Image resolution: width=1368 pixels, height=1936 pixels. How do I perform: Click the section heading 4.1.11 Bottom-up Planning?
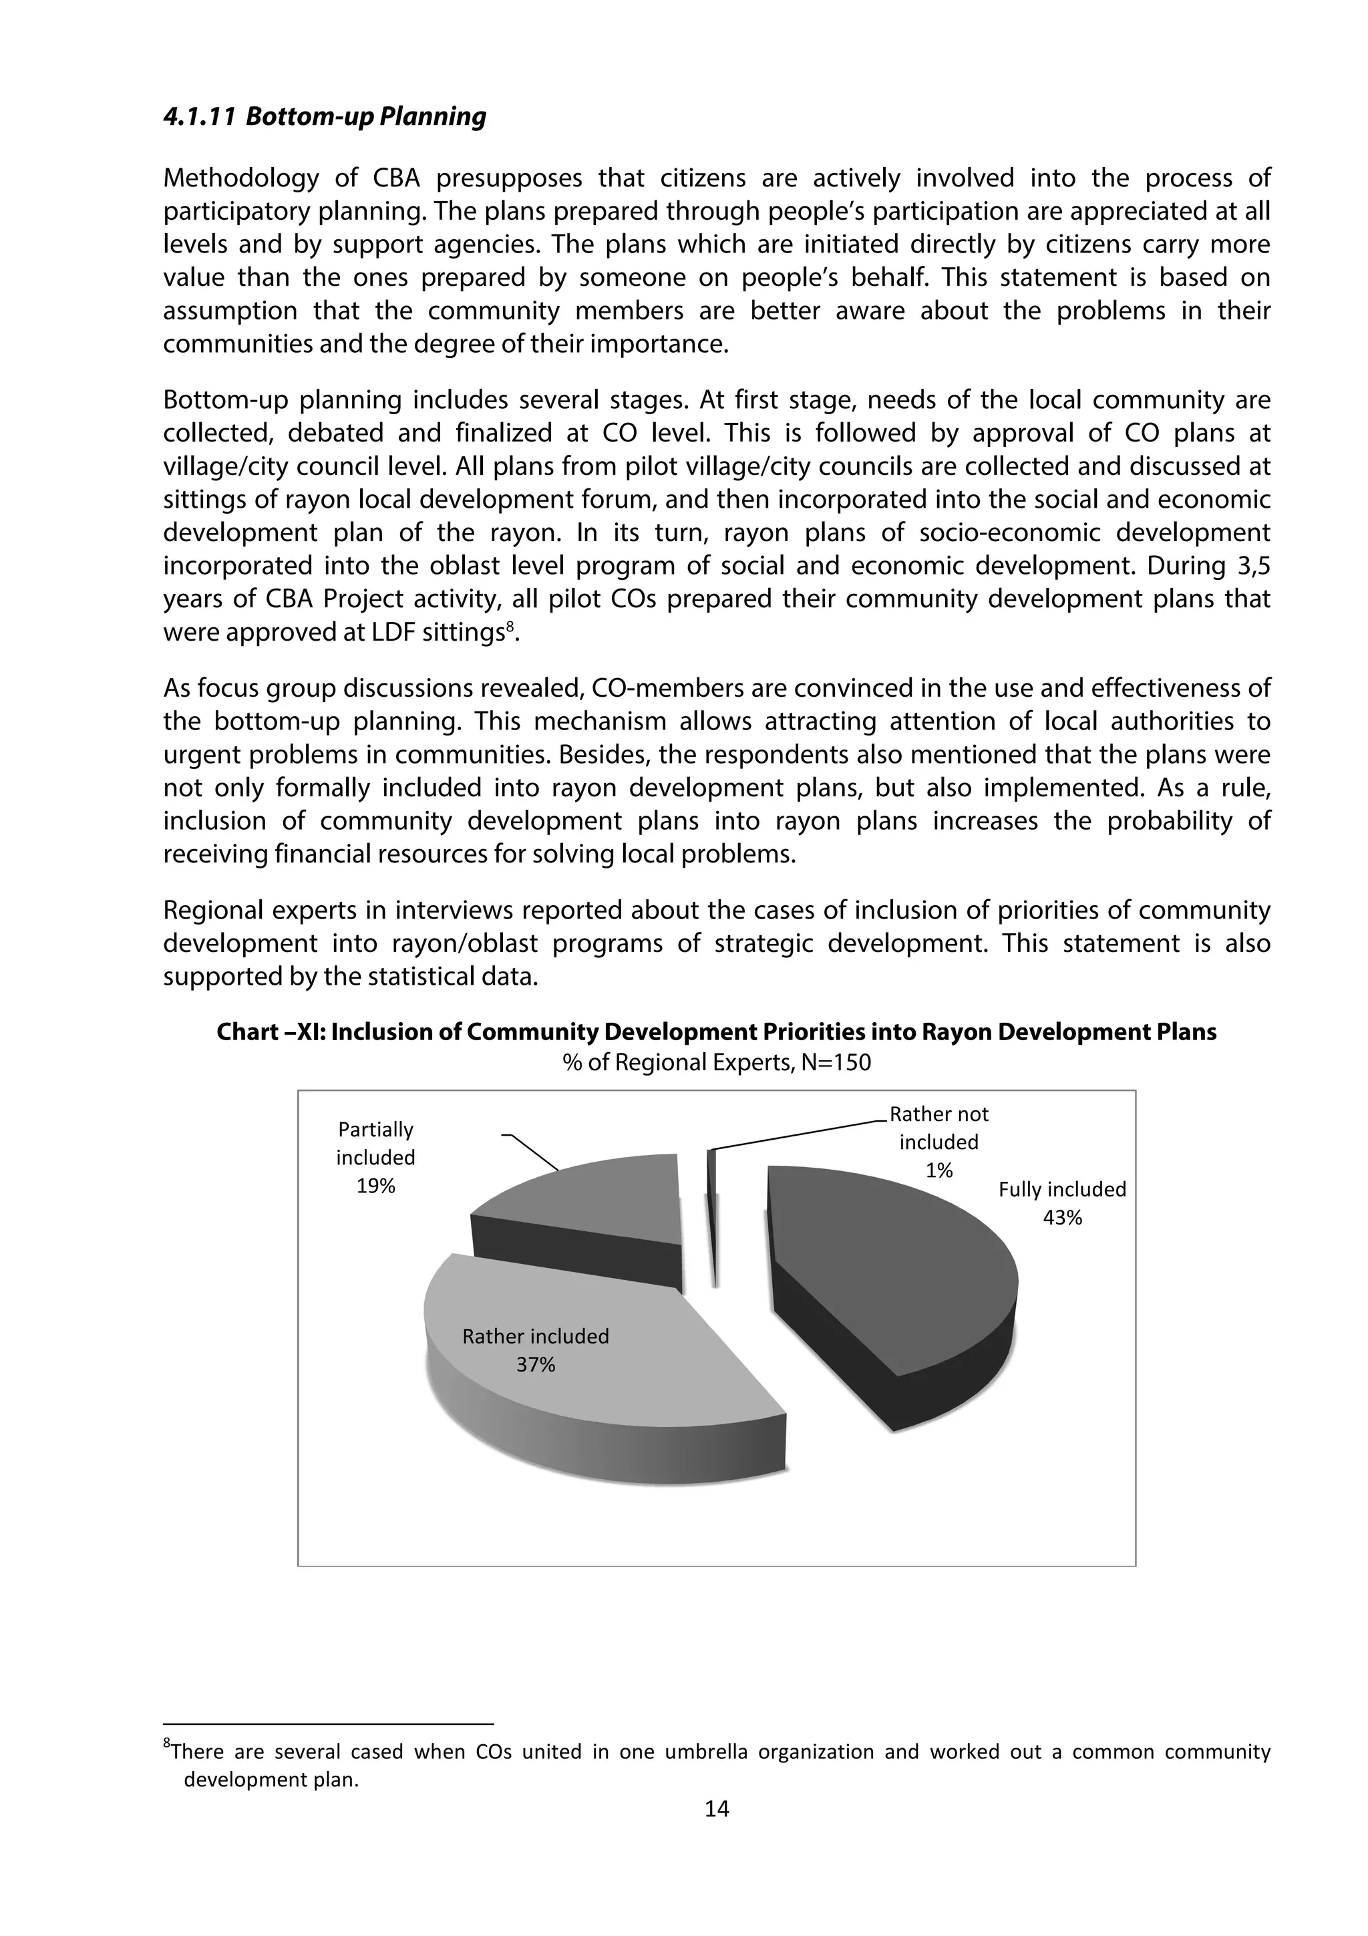point(325,116)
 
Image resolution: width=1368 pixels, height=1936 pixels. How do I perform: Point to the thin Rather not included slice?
point(713,1215)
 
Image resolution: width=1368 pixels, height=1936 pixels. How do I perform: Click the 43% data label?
point(1062,1218)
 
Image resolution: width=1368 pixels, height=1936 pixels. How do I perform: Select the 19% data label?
point(375,1186)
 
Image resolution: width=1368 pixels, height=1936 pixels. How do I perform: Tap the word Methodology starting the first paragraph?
point(240,179)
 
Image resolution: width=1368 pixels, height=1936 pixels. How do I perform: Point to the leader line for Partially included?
point(532,1150)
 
